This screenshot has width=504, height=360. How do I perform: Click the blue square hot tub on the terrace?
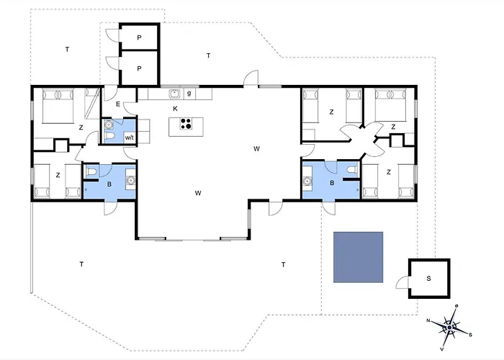tap(358, 257)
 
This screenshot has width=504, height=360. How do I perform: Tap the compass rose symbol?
tap(450, 327)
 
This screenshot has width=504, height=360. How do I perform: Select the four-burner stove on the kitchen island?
tap(186, 124)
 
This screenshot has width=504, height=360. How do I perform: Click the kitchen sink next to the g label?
tap(174, 94)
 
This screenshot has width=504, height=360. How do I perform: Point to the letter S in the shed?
tap(429, 279)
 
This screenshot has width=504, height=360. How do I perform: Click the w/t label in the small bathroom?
tap(130, 138)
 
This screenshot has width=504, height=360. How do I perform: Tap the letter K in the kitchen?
tap(175, 109)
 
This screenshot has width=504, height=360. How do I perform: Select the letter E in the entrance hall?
tap(118, 104)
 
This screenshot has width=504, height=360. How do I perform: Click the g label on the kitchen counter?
tap(189, 93)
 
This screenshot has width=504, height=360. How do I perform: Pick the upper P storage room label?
tap(139, 37)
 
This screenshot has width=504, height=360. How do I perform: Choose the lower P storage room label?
tap(139, 68)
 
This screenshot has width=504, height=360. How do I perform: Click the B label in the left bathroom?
tap(109, 184)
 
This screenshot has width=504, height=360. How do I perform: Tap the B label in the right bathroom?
tap(332, 183)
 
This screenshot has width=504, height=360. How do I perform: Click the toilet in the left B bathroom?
tap(91, 172)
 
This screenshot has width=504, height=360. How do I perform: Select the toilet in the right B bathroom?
tap(352, 170)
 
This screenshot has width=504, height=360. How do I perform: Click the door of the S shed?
tap(402, 282)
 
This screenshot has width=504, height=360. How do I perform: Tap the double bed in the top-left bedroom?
tap(58, 107)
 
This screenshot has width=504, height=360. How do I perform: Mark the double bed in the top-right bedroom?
tap(390, 105)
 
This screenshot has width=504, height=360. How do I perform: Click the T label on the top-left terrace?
tap(67, 49)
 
